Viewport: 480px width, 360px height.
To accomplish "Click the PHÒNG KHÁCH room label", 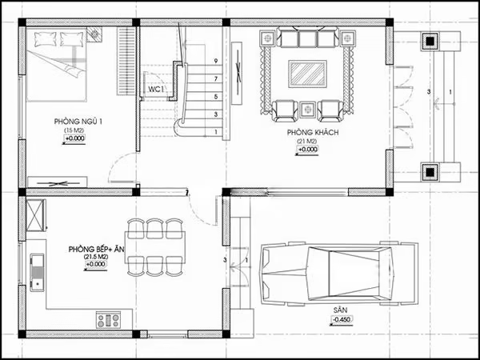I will [306, 133].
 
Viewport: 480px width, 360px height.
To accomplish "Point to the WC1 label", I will [155, 90].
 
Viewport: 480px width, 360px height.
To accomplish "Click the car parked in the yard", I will [338, 274].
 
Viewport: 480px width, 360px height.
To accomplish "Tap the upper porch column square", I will [430, 40].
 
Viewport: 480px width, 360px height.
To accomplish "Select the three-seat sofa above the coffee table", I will [307, 38].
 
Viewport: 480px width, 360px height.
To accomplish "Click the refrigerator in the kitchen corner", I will [36, 214].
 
